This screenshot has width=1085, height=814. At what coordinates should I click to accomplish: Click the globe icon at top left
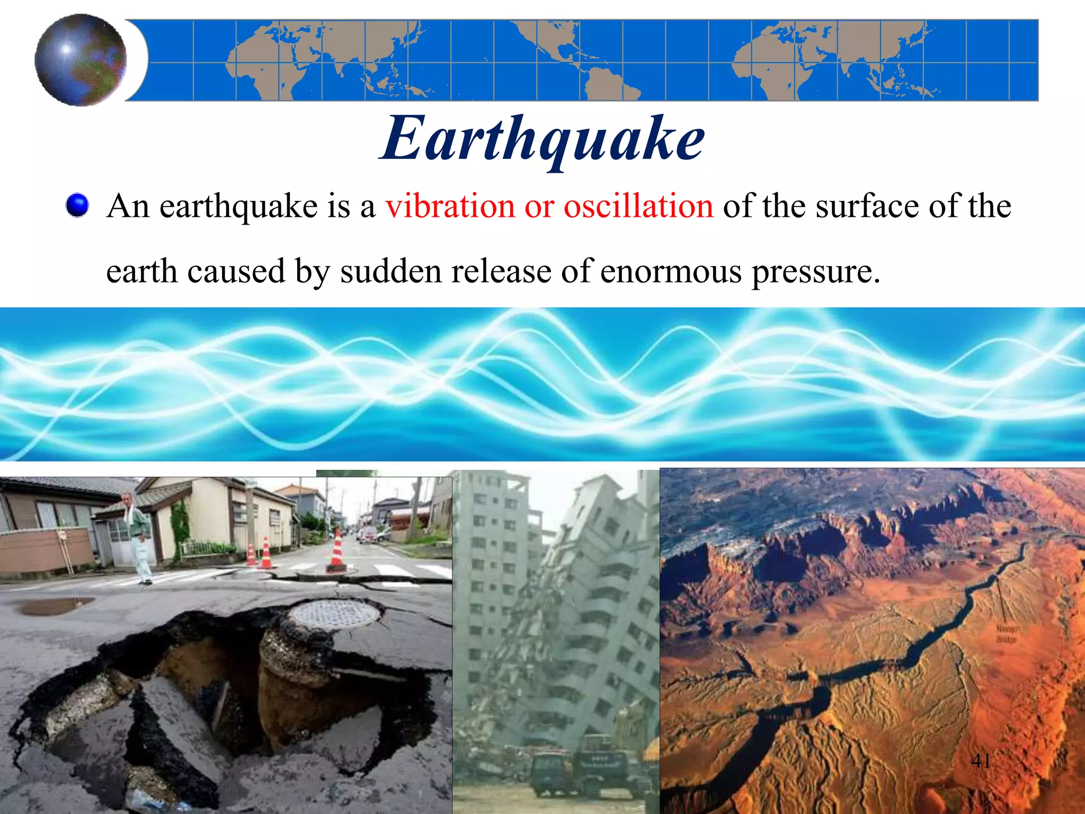81,60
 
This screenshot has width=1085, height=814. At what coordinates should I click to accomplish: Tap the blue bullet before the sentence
77,205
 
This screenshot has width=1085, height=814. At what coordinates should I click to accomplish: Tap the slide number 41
981,761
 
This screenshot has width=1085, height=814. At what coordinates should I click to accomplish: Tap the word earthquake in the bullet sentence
238,207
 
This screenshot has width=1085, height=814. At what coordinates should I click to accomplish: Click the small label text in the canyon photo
1006,634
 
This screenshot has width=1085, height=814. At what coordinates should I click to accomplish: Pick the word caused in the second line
236,271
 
